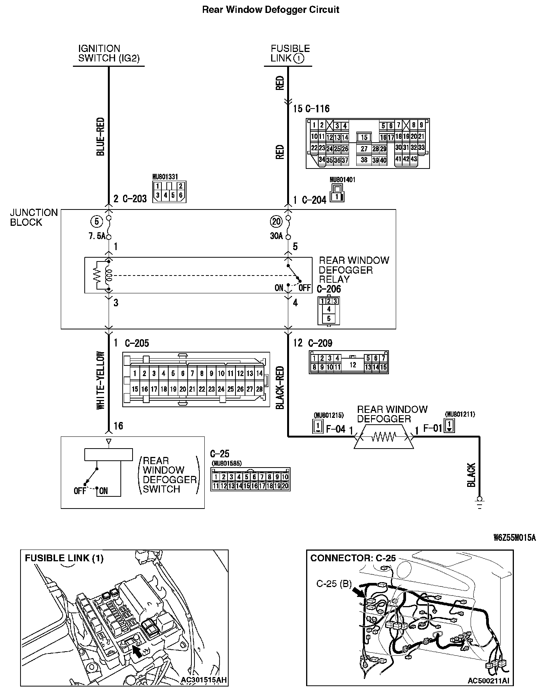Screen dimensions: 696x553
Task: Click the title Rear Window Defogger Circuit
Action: [270, 9]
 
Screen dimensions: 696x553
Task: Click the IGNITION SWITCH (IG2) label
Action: [109, 54]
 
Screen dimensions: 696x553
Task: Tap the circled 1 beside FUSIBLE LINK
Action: [299, 58]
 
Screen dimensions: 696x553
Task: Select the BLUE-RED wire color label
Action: [101, 137]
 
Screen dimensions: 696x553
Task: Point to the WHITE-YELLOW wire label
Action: [101, 380]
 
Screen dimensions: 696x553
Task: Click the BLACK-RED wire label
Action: [280, 387]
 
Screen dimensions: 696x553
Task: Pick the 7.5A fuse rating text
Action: [96, 236]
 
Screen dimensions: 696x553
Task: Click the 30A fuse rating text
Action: [276, 236]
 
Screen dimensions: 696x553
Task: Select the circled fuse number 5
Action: [96, 221]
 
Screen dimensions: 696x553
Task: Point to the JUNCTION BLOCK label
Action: [34, 217]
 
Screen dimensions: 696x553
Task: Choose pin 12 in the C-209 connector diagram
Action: [353, 365]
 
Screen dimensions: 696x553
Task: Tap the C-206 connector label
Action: [329, 289]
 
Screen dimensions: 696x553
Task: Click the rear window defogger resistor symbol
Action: [384, 438]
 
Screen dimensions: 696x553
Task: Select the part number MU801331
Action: [165, 177]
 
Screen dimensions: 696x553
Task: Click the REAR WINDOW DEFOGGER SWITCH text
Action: [169, 475]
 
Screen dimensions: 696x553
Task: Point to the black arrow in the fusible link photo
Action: [139, 652]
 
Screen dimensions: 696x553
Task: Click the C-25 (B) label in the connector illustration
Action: [334, 584]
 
